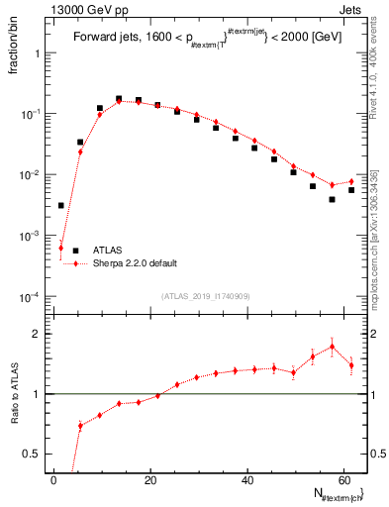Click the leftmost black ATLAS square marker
coord(60,205)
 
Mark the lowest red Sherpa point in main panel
coord(60,248)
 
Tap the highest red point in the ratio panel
coord(332,347)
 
